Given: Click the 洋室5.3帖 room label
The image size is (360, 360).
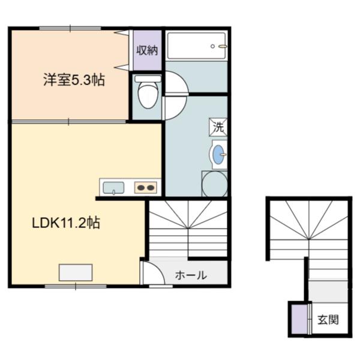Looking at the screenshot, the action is coord(74,80).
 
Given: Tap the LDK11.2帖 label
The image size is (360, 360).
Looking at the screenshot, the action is coord(66,223).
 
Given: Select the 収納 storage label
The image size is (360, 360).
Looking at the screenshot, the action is coord(147,50).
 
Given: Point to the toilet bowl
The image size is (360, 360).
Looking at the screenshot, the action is coord(148,95).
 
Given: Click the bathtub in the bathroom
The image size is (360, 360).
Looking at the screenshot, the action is coord(196,46).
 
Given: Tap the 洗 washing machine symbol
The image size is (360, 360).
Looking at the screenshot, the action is coord(218,127).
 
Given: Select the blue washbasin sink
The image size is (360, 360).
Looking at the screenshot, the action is coord(218,154).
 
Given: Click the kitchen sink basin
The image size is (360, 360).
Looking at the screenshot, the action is coord(113,188).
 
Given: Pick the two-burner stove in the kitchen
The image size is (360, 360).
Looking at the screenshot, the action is coord(146,188).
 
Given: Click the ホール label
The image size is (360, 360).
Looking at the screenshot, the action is coord(191,275).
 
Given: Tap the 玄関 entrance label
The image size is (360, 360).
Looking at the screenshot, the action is coord(328,320).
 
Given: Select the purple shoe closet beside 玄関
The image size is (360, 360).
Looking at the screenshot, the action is coord(299,319).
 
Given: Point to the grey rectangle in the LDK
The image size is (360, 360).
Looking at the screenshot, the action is coord(76,272).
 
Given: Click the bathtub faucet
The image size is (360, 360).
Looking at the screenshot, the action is coord(222,46).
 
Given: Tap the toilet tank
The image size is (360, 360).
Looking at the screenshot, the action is coord(148,79).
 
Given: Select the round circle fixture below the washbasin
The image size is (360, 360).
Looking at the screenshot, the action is coord(214,184).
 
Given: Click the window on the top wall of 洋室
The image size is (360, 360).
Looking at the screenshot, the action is coord(70,28).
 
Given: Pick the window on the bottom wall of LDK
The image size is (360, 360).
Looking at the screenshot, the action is coord(76,286).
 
